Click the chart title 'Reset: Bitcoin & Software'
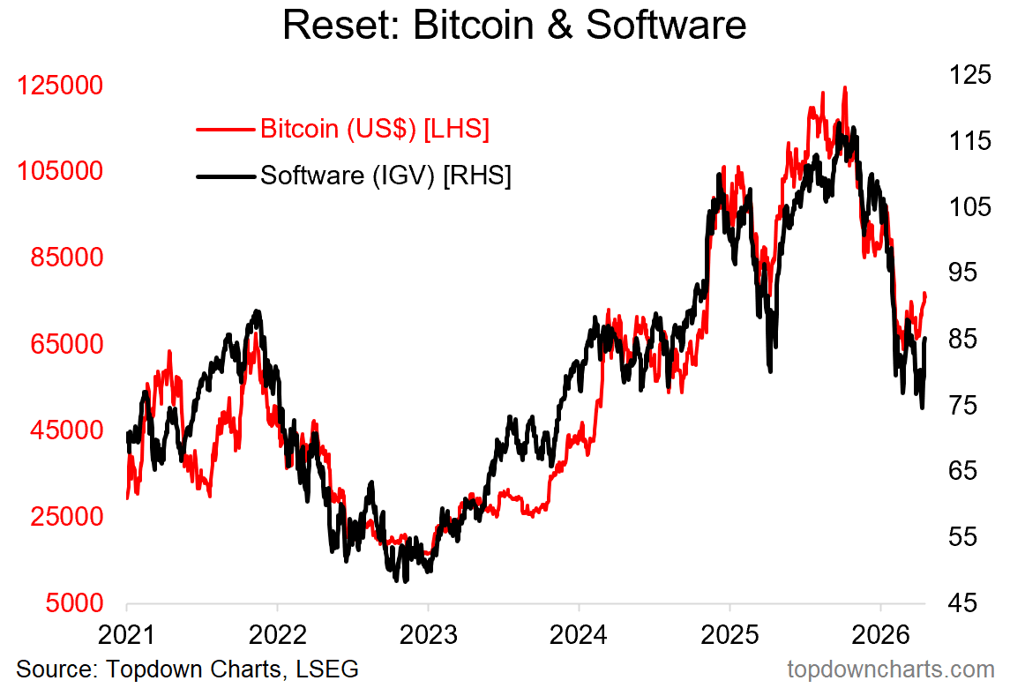pyautogui.click(x=514, y=26)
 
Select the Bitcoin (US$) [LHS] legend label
pyautogui.click(x=374, y=130)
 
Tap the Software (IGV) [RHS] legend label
pyautogui.click(x=385, y=176)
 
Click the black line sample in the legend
pyautogui.click(x=225, y=176)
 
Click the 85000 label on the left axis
pyautogui.click(x=69, y=258)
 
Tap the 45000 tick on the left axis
pyautogui.click(x=69, y=430)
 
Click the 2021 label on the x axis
pyautogui.click(x=127, y=635)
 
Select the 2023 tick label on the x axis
pyautogui.click(x=428, y=635)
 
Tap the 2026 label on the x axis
pyautogui.click(x=880, y=635)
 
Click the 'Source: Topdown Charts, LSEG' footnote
pyautogui.click(x=187, y=669)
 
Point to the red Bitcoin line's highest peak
pyautogui.click(x=844, y=87)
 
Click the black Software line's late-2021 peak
pyautogui.click(x=257, y=311)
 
